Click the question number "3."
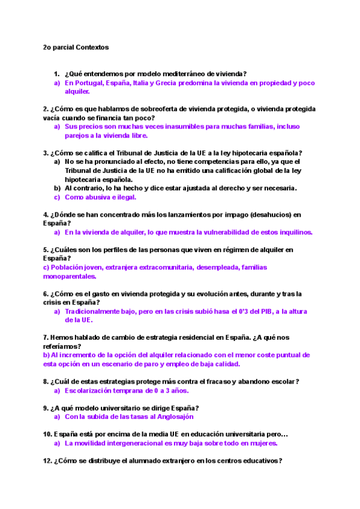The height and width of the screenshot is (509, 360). tap(46, 152)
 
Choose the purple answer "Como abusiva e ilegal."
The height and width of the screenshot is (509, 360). tap(100, 197)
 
